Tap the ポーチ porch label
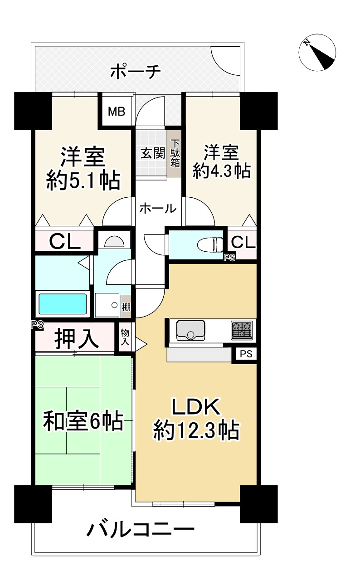pyautogui.click(x=135, y=72)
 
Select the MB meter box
pyautogui.click(x=116, y=111)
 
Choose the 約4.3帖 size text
pyautogui.click(x=222, y=171)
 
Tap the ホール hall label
pyautogui.click(x=157, y=209)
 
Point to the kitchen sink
pyautogui.click(x=190, y=330)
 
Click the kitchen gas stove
pyautogui.click(x=242, y=330)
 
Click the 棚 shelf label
pyautogui.click(x=126, y=308)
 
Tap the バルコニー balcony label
pyautogui.click(x=141, y=530)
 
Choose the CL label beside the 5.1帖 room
pyautogui.click(x=65, y=241)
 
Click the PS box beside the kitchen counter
pyautogui.click(x=245, y=353)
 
